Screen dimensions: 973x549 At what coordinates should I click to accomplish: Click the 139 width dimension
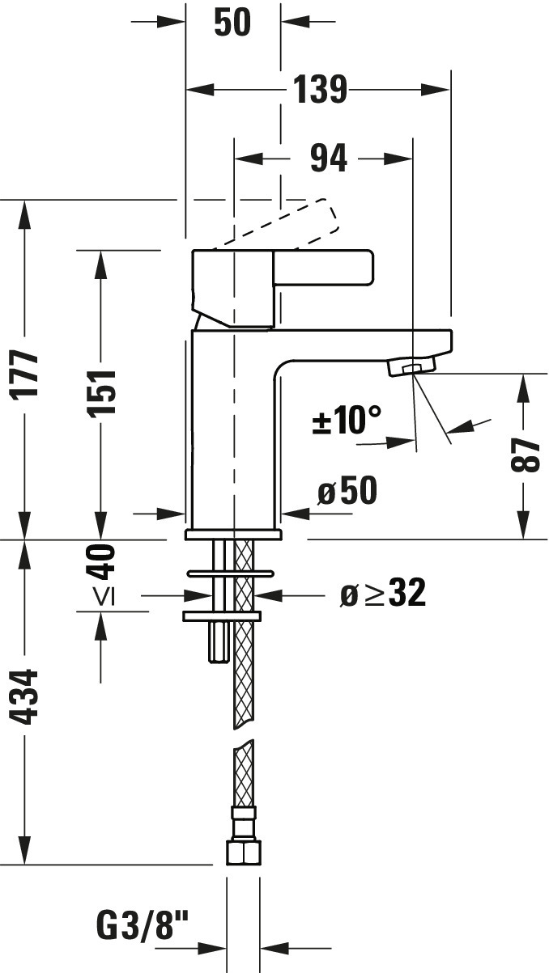tap(319, 90)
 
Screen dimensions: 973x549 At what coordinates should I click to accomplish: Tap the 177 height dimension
tap(28, 373)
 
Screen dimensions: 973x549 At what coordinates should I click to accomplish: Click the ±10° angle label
tap(347, 420)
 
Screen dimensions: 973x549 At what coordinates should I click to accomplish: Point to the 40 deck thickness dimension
tap(103, 561)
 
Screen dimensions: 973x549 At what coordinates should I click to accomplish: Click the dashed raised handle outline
tap(308, 222)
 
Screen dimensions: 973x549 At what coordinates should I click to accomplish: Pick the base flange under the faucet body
tap(233, 535)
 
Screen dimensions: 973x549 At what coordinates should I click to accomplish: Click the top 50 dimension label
tap(232, 22)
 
